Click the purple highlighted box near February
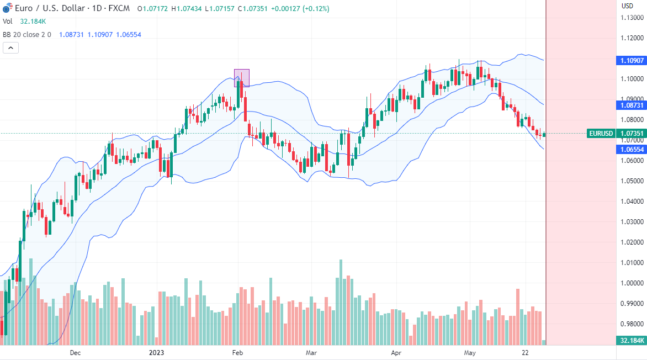(241, 78)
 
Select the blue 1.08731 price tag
(631, 104)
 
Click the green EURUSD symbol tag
(601, 133)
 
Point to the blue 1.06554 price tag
(631, 150)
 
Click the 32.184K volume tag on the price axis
(631, 341)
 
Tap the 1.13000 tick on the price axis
(630, 18)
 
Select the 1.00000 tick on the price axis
(630, 283)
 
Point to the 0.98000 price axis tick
(630, 324)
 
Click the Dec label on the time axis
(75, 352)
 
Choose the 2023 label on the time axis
(157, 352)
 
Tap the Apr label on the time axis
(396, 352)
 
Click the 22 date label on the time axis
(526, 352)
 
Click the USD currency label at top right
(628, 6)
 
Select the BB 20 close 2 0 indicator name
(27, 34)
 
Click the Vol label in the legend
(8, 22)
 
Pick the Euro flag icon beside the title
(7, 9)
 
